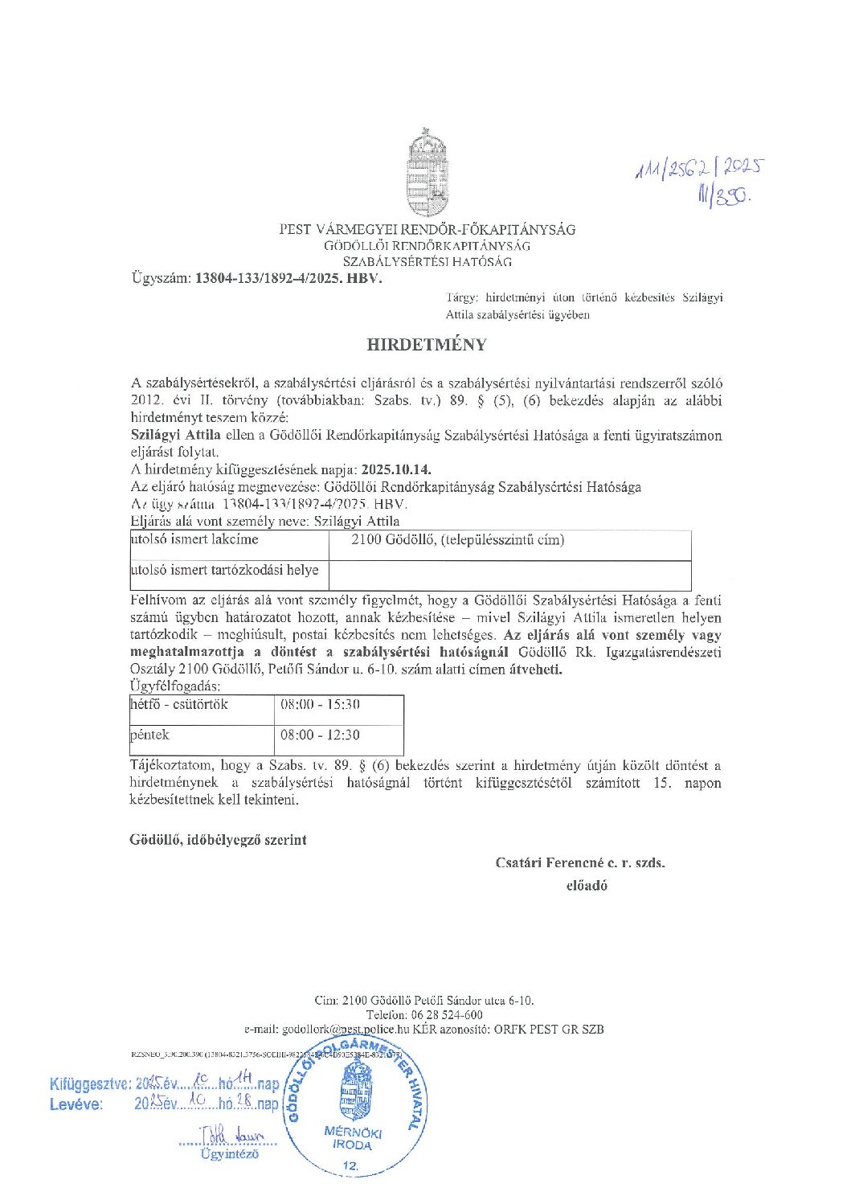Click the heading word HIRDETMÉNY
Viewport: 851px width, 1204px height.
click(427, 345)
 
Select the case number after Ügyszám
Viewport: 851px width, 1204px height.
click(288, 279)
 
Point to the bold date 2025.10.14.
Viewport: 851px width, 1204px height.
click(396, 469)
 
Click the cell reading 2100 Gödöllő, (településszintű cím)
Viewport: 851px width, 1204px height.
click(457, 540)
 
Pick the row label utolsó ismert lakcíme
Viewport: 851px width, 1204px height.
click(194, 539)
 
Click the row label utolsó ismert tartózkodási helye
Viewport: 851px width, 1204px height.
click(224, 570)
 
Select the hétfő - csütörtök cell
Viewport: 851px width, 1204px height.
click(179, 705)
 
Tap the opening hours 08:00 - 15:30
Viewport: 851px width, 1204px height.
click(320, 705)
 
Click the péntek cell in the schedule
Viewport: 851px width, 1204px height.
click(150, 735)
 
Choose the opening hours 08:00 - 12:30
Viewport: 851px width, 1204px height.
click(320, 735)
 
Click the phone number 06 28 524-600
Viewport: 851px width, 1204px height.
click(448, 1015)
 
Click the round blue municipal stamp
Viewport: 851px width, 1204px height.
click(354, 1108)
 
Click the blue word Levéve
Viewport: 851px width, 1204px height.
click(76, 1104)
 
